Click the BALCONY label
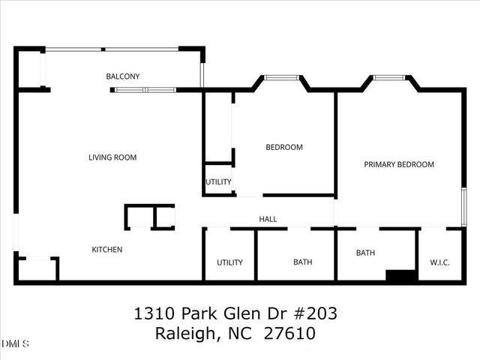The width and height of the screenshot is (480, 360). [x=122, y=76]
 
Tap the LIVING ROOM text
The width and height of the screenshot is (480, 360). [x=112, y=157]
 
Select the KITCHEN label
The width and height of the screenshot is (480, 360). [x=106, y=250]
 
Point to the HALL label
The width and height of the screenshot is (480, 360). [x=268, y=220]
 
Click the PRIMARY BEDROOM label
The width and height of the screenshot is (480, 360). [x=399, y=164]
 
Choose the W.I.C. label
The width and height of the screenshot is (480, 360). [x=439, y=262]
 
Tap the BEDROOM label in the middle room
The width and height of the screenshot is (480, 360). [x=284, y=147]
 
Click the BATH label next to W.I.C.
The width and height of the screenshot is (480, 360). [x=365, y=253]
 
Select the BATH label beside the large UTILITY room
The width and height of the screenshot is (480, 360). [x=302, y=262]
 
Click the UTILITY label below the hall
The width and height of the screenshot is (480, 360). [x=229, y=262]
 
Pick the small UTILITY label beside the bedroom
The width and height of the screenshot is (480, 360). [x=218, y=182]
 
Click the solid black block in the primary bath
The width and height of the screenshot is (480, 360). [x=401, y=275]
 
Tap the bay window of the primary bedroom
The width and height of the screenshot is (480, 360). [x=390, y=76]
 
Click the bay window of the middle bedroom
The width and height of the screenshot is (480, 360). [x=281, y=76]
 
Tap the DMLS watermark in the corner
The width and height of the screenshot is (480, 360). [x=15, y=344]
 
